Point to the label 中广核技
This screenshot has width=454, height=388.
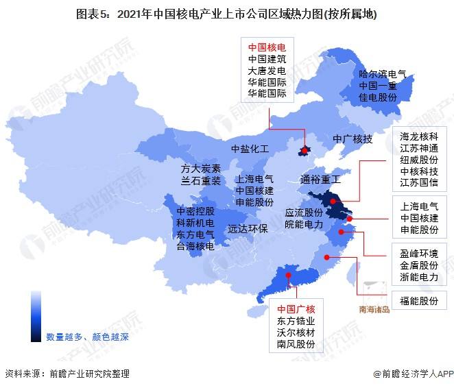coord(353,139)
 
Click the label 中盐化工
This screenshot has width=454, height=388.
coord(250,148)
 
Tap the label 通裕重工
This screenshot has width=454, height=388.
coord(320,180)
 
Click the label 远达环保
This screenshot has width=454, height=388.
coord(248,229)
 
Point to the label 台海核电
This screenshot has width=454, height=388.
coord(195,246)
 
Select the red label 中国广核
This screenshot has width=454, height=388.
coord(296,308)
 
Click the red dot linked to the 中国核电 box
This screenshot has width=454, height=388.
coord(304,149)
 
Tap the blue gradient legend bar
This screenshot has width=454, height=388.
coord(36,315)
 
